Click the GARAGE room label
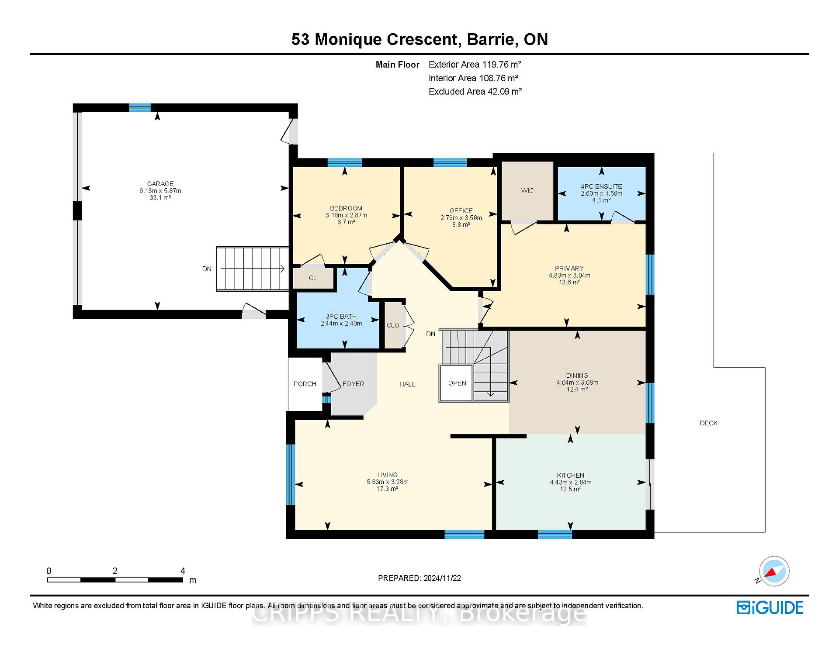(x=160, y=184)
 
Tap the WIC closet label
(x=527, y=191)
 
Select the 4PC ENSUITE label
(x=601, y=186)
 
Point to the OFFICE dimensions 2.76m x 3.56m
(x=461, y=218)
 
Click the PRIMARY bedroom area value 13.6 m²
(x=569, y=283)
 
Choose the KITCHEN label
(x=571, y=476)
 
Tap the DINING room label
(x=577, y=376)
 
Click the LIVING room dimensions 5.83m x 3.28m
(x=388, y=482)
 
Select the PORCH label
(x=305, y=384)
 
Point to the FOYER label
(x=353, y=384)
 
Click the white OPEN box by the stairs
(x=457, y=383)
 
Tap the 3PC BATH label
(x=341, y=317)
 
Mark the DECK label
(x=708, y=423)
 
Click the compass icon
(x=774, y=571)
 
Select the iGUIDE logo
(x=770, y=608)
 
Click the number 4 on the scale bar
(x=183, y=571)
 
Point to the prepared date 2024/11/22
(x=442, y=578)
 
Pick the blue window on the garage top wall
(x=140, y=108)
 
